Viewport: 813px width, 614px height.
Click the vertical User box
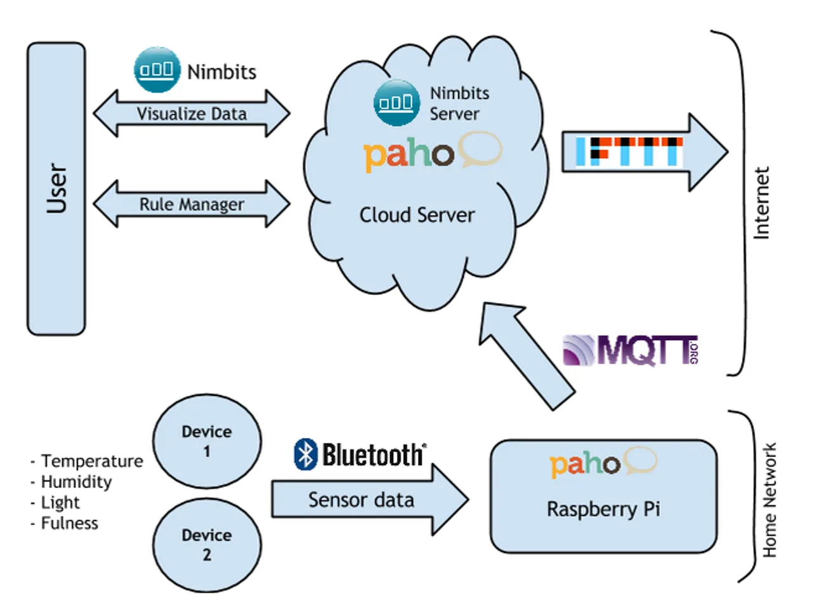point(56,189)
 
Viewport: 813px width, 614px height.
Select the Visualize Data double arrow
point(191,114)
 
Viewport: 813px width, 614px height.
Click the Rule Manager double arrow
point(191,204)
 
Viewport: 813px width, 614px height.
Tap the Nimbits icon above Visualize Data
point(156,69)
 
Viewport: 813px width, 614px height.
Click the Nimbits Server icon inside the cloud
point(396,102)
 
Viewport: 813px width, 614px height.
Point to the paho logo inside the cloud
point(431,153)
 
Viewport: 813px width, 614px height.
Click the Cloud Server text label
point(417,215)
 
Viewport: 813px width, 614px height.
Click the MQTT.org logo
point(631,350)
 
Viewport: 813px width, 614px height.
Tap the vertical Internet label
point(761,203)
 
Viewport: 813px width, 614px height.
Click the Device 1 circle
point(207,441)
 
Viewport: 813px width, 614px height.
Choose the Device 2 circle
point(207,545)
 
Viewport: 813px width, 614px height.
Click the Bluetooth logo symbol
point(306,454)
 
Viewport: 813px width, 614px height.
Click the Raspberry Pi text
point(603,509)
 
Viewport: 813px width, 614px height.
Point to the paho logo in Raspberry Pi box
point(602,463)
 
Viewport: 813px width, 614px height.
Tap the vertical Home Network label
point(769,500)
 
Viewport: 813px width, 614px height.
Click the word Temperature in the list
point(92,461)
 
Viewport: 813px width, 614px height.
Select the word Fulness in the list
point(69,523)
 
